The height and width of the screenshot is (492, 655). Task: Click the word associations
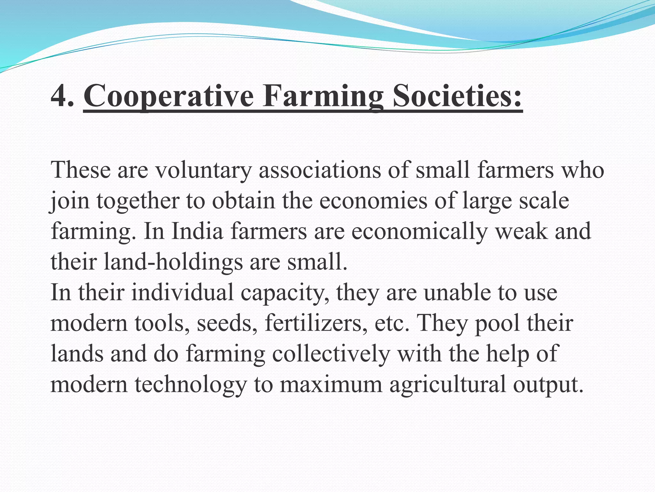pyautogui.click(x=320, y=170)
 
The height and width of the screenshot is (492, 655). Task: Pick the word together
pyautogui.click(x=138, y=201)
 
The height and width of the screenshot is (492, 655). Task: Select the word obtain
pyautogui.click(x=243, y=201)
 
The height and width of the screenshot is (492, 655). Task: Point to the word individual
pyautogui.click(x=183, y=292)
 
